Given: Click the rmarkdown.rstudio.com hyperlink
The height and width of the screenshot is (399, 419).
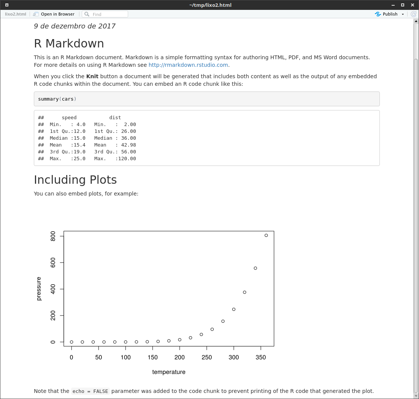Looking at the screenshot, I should (x=188, y=65).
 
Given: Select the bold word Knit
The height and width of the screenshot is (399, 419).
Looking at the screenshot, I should (x=92, y=76).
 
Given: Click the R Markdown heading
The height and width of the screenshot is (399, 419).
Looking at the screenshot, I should (x=69, y=44).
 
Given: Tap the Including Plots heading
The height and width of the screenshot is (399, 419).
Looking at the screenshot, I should (x=75, y=180).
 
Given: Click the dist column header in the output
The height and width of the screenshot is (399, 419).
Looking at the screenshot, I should (x=115, y=118).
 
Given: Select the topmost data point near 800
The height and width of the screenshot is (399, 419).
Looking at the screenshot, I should (x=266, y=235).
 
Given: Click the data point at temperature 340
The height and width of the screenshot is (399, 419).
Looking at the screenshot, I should (x=256, y=268).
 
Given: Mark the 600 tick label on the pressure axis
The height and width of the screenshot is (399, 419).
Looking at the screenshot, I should (x=52, y=263).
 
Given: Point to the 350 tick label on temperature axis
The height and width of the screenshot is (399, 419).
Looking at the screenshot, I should (x=261, y=357).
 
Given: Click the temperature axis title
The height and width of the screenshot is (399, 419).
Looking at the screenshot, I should (x=169, y=372).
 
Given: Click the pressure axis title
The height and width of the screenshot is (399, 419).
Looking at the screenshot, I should (x=39, y=289).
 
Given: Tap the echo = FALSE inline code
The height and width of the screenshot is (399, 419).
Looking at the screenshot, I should (x=90, y=391).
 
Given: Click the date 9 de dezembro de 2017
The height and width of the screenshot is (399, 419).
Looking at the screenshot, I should (x=75, y=26).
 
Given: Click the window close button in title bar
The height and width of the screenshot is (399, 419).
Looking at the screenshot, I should (x=413, y=5).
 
